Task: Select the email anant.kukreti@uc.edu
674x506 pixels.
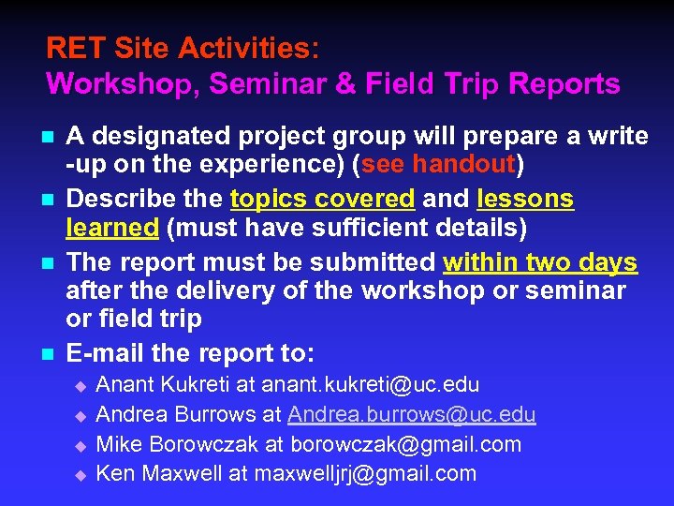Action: coord(371,384)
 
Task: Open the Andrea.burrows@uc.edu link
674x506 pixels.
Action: coord(412,414)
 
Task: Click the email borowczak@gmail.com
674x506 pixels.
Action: coord(406,444)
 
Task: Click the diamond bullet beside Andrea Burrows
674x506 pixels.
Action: coord(80,415)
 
